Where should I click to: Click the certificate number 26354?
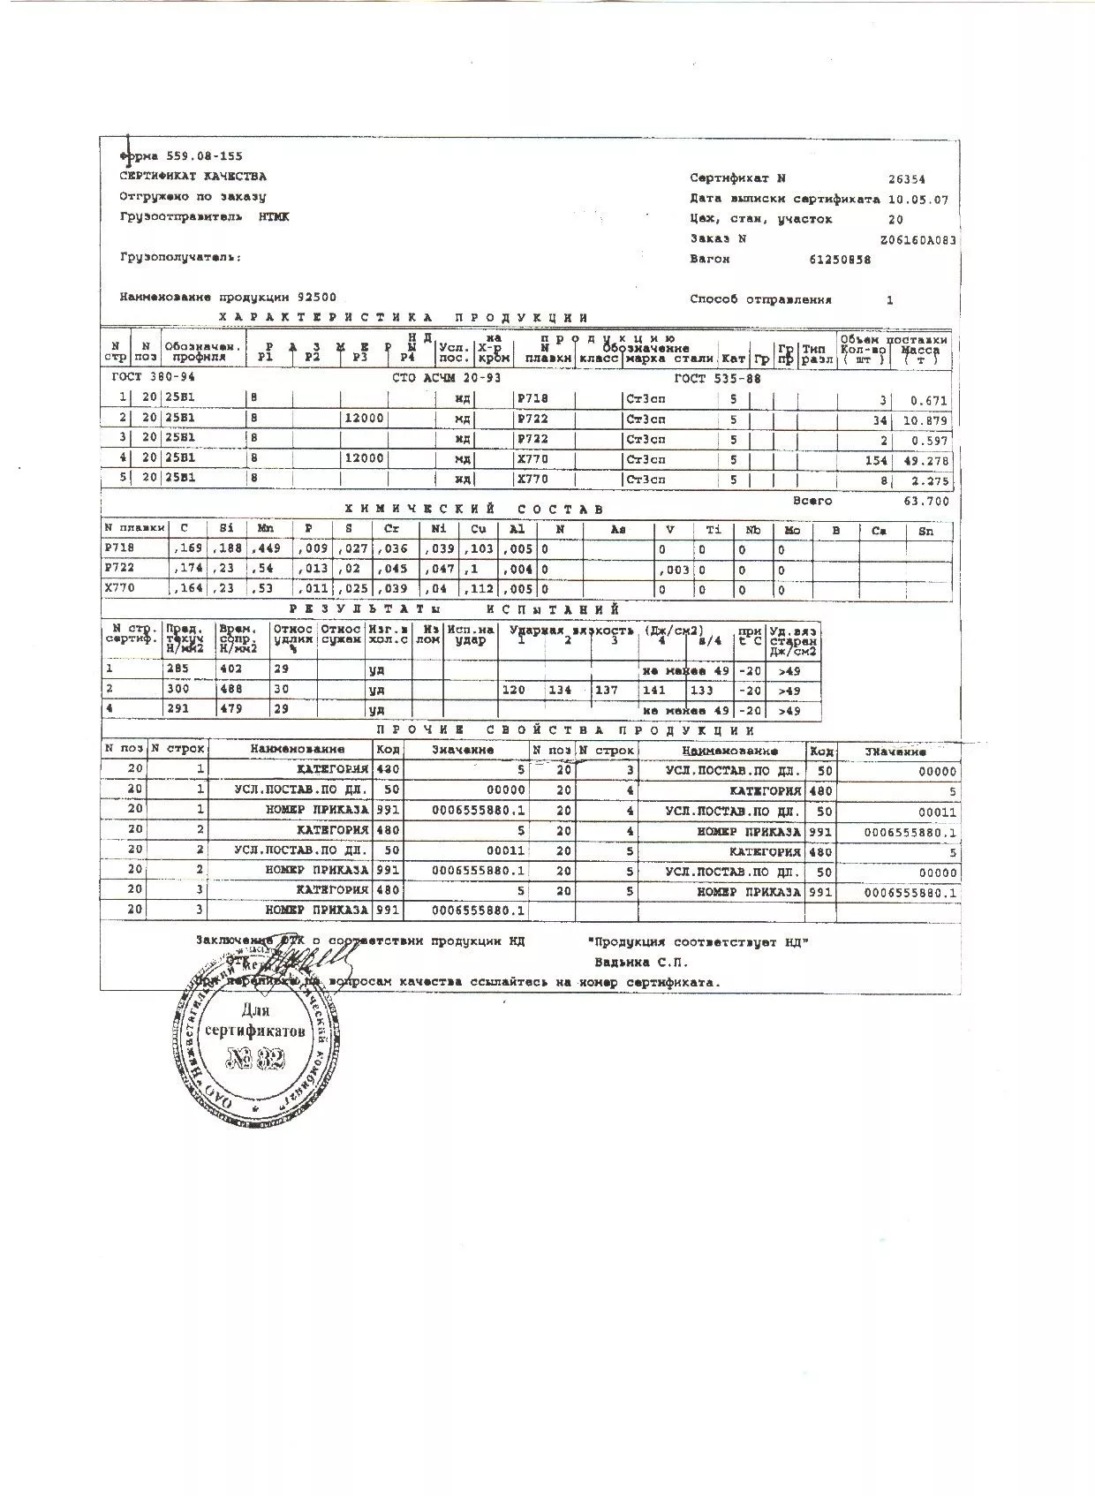coord(907,179)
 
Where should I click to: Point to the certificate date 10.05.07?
coord(918,200)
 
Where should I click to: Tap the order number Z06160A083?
coord(918,239)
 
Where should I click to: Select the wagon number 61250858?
coord(840,260)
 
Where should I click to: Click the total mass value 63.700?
coord(926,502)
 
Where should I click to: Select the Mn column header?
coord(265,529)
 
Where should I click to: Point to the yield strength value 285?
coord(178,669)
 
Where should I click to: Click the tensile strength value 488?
coord(230,689)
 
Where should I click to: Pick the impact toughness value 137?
coord(607,690)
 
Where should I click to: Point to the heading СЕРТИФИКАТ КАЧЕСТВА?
coord(193,177)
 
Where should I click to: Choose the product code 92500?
coord(317,298)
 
